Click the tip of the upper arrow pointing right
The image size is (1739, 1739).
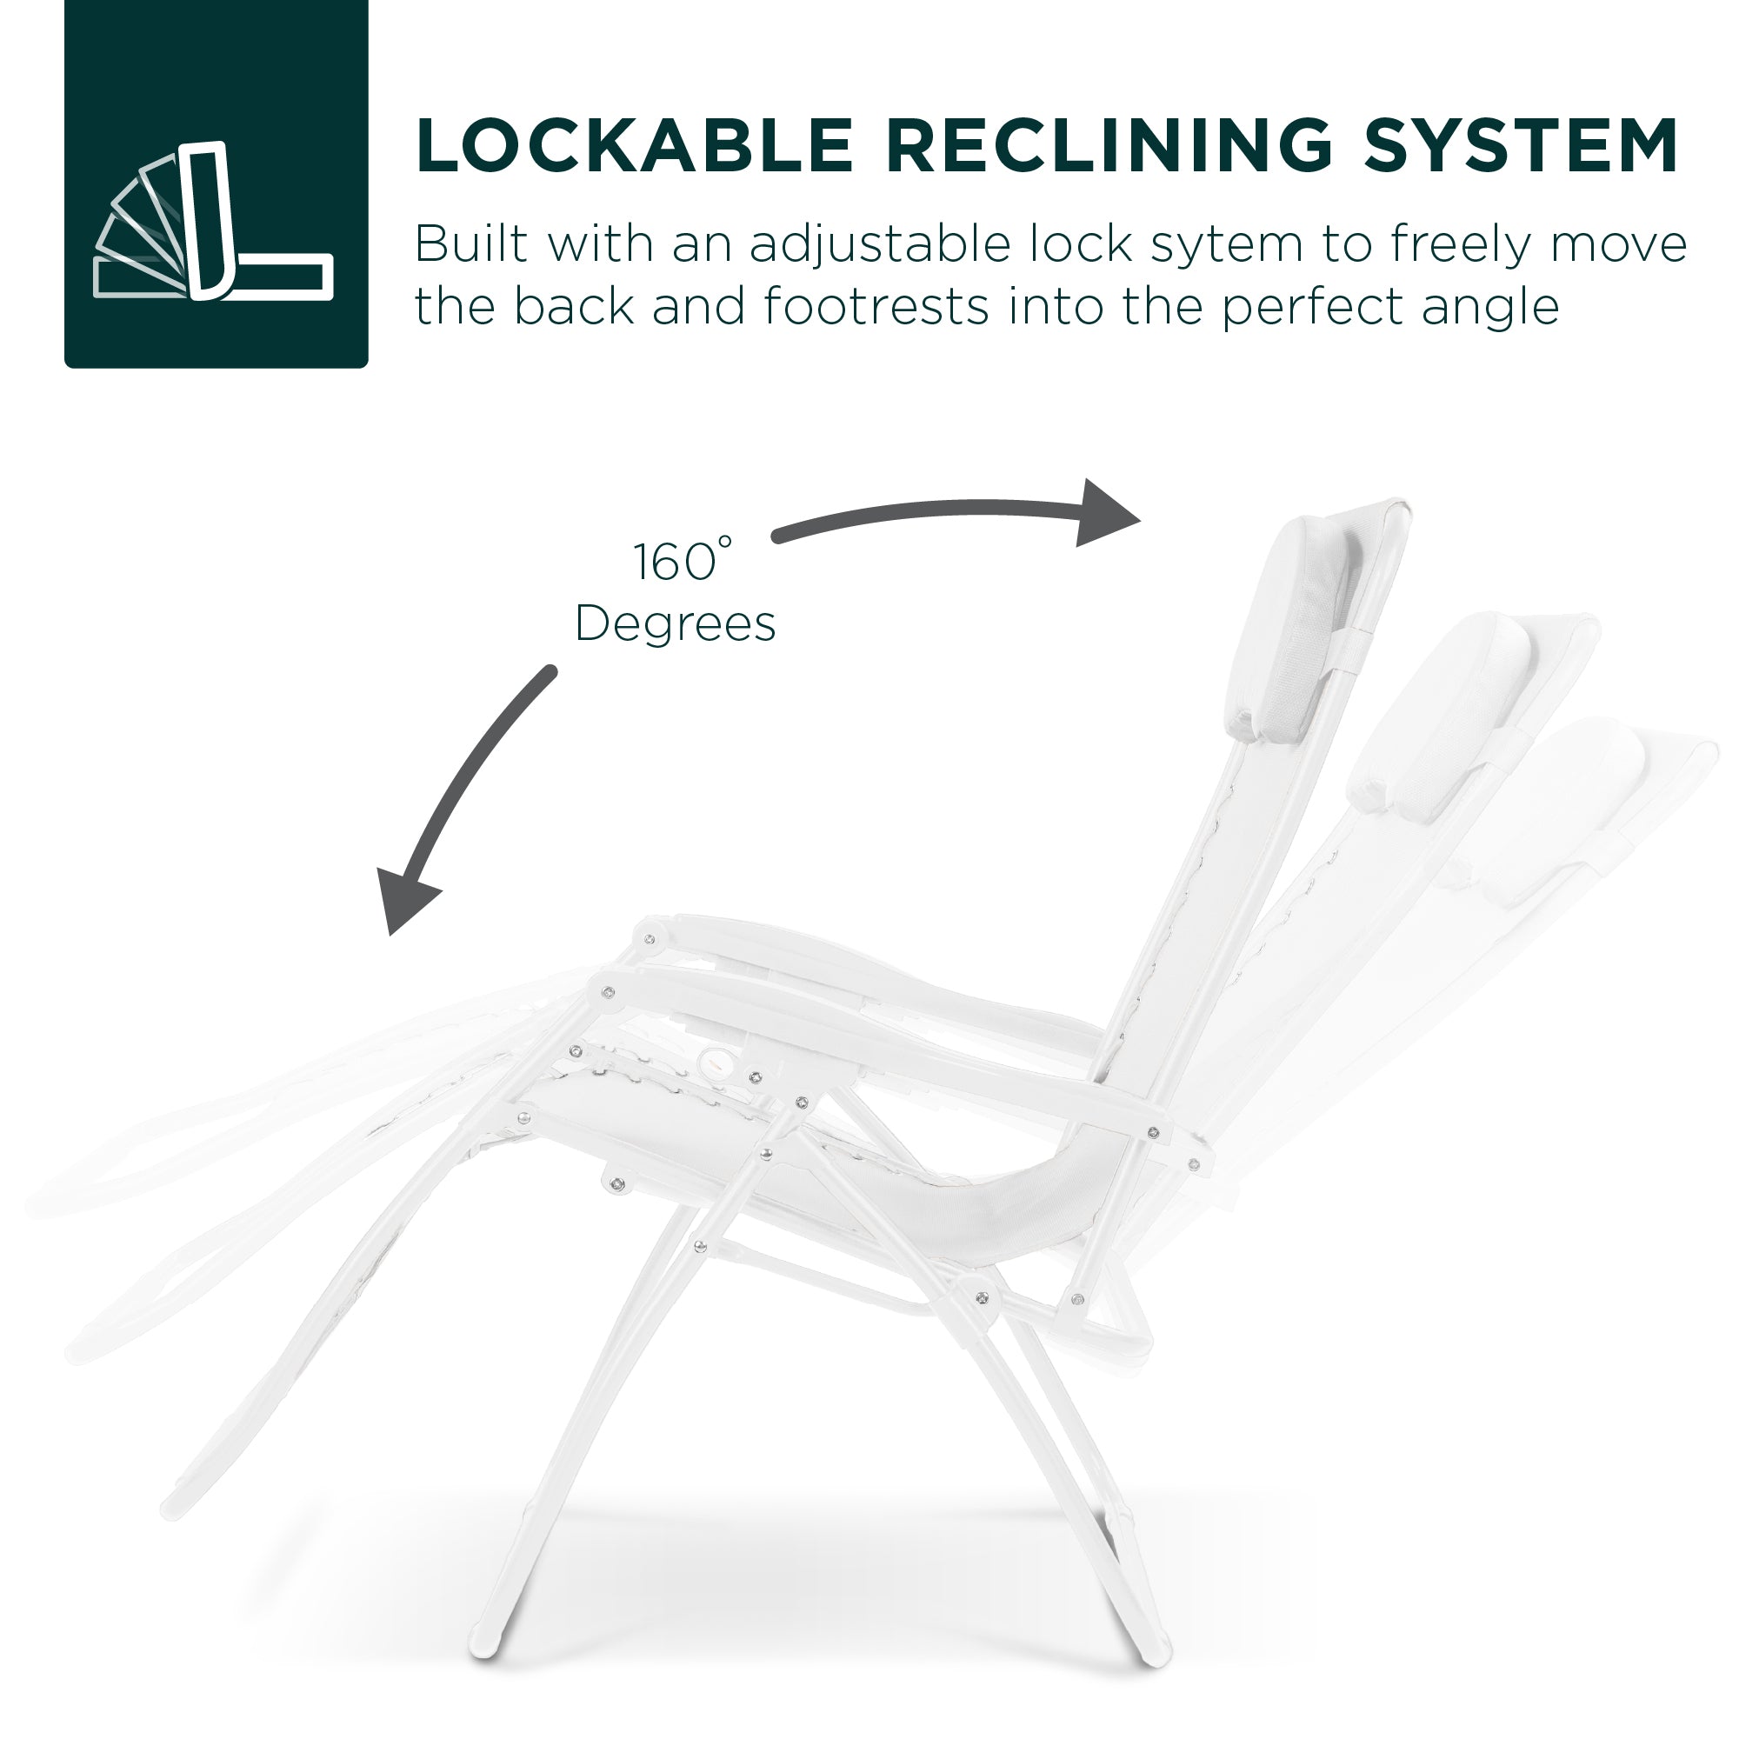[1141, 519]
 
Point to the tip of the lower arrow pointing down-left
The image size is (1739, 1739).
[390, 936]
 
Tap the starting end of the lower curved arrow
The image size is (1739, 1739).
[551, 671]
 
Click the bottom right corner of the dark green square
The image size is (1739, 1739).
[368, 368]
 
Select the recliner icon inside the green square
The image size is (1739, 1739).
[214, 220]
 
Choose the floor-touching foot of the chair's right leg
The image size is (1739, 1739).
[1155, 1655]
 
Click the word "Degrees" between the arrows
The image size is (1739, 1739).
[675, 623]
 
